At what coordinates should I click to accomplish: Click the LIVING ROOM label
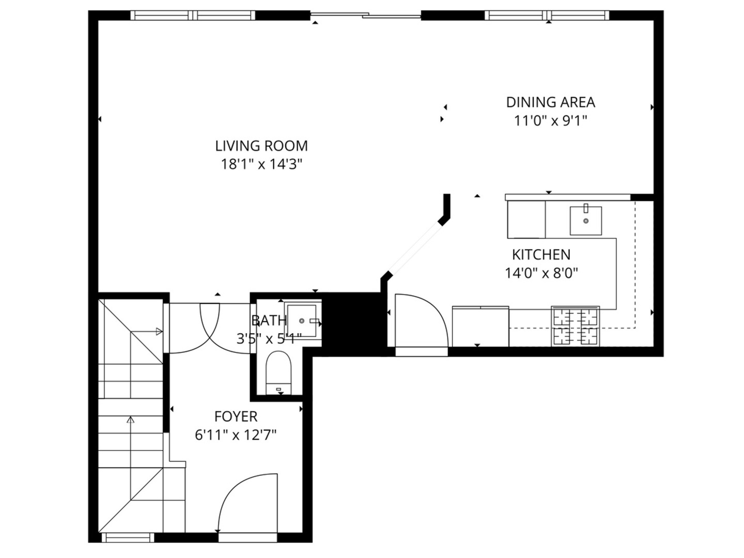click(261, 146)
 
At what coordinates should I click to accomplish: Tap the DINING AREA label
click(550, 102)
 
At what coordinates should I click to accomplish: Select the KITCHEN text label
click(541, 255)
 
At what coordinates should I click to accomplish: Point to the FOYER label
click(236, 416)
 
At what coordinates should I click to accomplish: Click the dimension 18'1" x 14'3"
click(261, 164)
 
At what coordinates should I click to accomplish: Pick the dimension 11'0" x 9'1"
click(550, 121)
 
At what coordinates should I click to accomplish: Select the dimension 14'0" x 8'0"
click(541, 273)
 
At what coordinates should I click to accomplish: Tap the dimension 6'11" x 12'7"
click(236, 435)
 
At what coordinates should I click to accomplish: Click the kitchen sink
click(585, 221)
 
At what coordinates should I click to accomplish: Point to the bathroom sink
click(302, 321)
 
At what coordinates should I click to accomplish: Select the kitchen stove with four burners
click(576, 326)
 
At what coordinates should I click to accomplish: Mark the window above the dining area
click(547, 16)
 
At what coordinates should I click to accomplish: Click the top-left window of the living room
click(194, 16)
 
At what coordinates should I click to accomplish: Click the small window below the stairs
click(128, 538)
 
